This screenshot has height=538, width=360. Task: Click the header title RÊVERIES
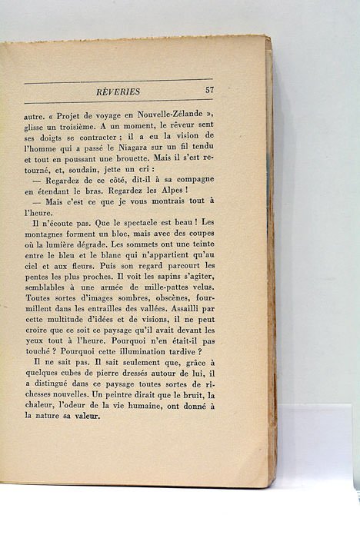point(118,91)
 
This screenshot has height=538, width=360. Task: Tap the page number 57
point(209,91)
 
